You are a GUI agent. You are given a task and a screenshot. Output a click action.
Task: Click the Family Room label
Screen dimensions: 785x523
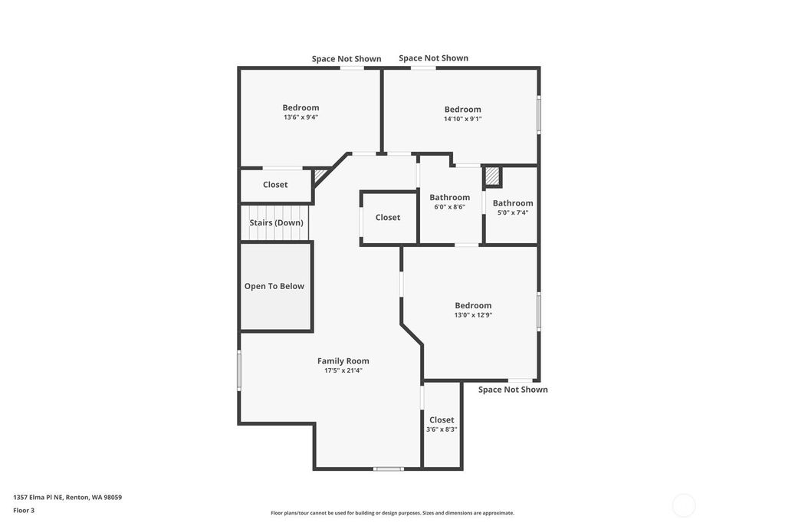343,360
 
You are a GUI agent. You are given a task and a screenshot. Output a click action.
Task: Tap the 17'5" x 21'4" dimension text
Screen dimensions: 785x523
343,370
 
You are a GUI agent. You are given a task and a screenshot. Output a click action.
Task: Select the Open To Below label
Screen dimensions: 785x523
274,286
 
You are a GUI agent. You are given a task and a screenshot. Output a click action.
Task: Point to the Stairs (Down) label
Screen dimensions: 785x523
276,222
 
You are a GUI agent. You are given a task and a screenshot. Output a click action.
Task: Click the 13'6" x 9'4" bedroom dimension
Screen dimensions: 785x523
301,117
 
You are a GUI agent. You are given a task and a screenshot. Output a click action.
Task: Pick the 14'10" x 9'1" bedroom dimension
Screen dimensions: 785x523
462,119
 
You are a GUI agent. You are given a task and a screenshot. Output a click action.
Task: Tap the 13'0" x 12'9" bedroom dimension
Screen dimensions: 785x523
473,315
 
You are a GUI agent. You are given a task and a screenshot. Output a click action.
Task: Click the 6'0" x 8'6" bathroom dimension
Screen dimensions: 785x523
449,206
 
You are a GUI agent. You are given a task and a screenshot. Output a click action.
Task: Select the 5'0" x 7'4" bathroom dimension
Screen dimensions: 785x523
513,212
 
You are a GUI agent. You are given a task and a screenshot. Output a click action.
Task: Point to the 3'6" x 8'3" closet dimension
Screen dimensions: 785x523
442,429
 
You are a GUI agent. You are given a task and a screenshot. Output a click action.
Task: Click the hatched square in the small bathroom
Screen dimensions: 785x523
492,176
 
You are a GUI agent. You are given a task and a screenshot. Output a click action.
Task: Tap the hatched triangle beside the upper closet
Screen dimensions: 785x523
319,175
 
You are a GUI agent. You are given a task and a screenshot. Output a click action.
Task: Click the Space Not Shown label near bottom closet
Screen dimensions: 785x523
513,390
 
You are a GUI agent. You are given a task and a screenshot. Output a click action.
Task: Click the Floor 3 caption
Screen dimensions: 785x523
24,511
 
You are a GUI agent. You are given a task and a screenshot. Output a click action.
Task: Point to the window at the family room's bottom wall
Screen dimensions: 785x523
389,469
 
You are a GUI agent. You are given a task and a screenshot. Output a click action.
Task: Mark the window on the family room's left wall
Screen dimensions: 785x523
239,370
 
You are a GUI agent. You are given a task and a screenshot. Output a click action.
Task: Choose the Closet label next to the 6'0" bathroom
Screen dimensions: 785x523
388,218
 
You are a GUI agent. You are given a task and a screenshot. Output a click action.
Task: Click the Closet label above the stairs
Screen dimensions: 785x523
275,185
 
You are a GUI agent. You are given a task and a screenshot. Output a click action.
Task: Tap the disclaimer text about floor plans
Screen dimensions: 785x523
392,513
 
